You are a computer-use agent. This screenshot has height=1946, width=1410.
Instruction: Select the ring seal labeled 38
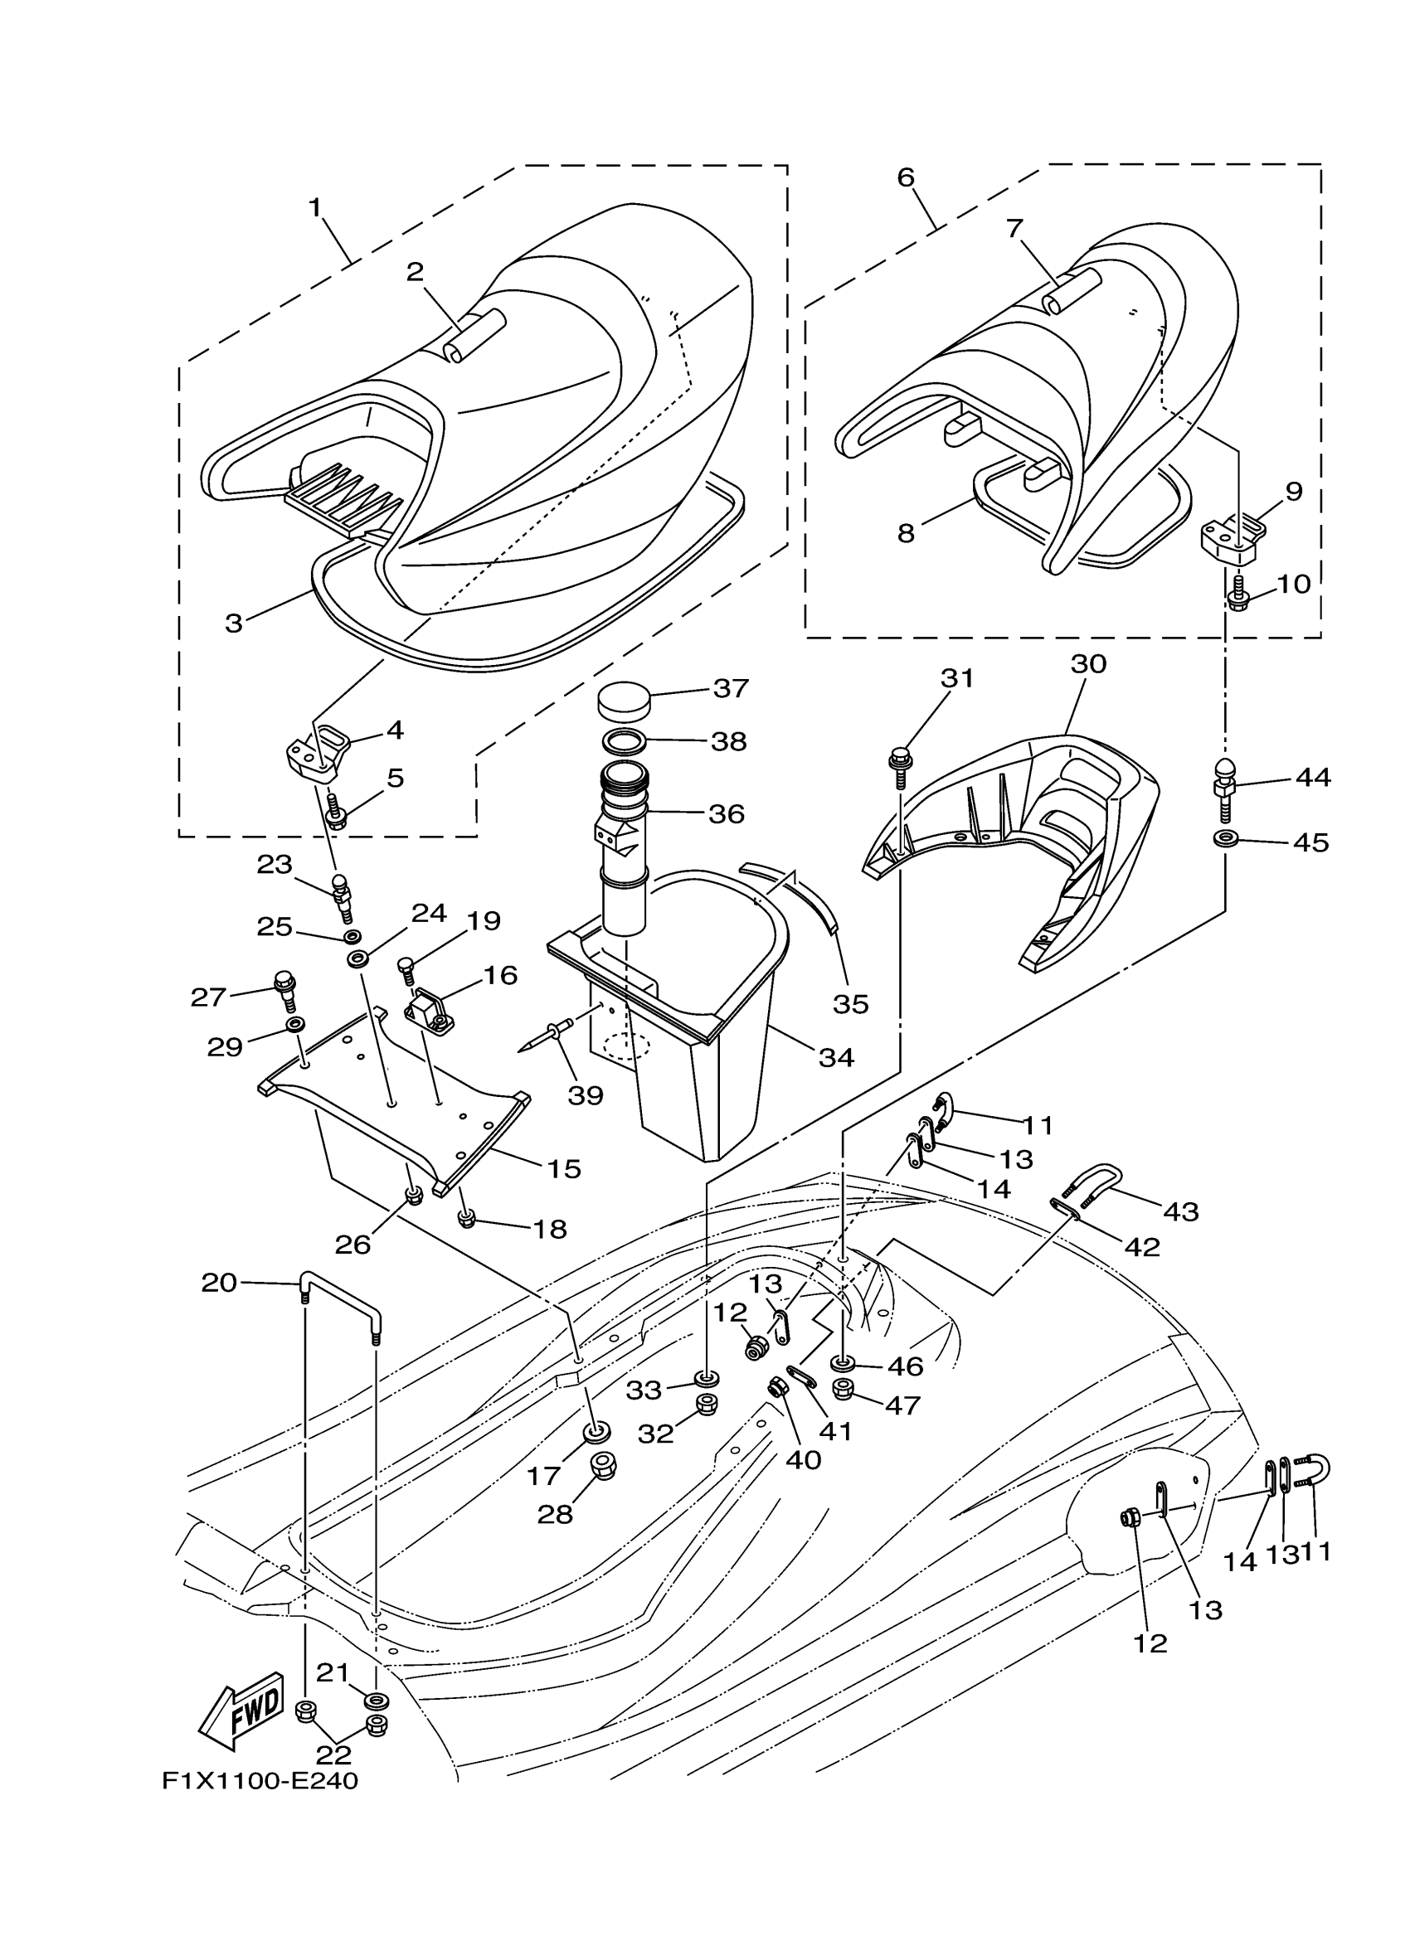pos(625,740)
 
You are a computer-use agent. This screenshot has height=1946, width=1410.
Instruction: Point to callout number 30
pos(1089,664)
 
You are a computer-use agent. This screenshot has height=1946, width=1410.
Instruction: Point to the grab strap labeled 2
pos(474,335)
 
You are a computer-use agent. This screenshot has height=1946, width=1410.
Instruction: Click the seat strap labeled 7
pos(1070,291)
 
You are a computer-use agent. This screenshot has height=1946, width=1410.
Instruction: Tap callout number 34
pos(836,1058)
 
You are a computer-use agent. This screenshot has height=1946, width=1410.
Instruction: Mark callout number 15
pos(564,1169)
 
